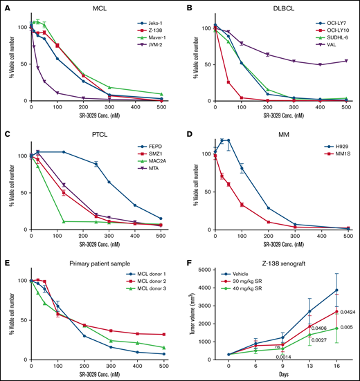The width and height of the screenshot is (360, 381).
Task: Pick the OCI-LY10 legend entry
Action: click(x=331, y=32)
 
